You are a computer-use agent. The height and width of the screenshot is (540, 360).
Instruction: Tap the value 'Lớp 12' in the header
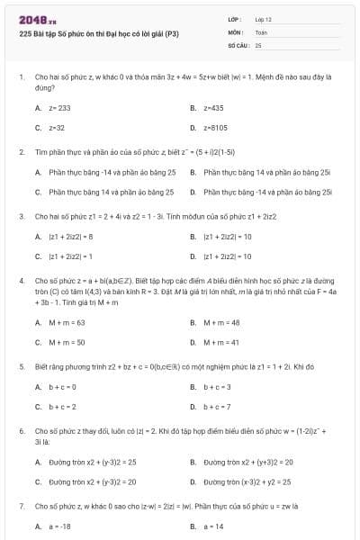(x=263, y=18)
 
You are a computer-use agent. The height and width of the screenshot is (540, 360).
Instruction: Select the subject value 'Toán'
(x=262, y=31)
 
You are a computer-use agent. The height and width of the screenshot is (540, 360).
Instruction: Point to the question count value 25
(x=258, y=43)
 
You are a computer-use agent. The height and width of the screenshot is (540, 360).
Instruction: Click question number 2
(x=21, y=151)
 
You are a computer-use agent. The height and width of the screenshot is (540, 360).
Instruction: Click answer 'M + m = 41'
(x=221, y=342)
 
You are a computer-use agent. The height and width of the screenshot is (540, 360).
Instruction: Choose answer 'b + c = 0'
(x=62, y=387)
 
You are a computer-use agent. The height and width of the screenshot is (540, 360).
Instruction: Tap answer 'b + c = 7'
(x=217, y=407)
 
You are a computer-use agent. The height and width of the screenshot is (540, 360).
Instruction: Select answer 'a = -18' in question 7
(x=59, y=526)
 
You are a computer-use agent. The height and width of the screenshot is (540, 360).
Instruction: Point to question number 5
(x=21, y=366)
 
